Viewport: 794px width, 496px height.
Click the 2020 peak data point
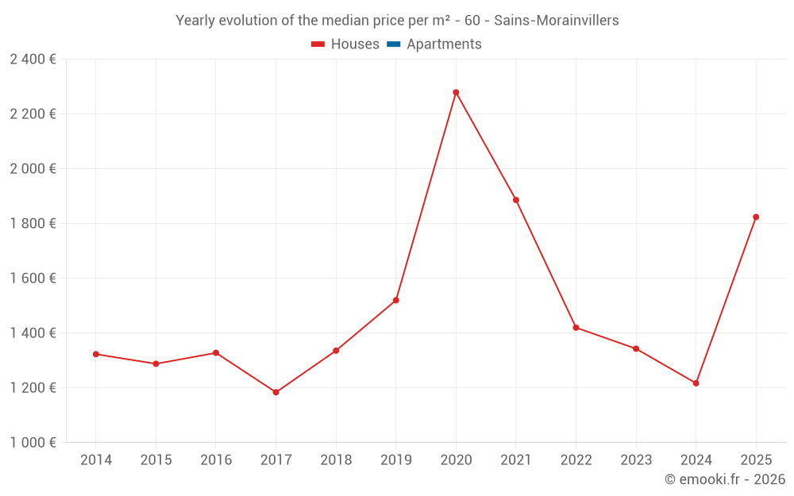(456, 92)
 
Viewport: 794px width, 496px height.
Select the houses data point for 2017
(276, 392)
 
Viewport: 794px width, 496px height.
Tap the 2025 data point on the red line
(756, 217)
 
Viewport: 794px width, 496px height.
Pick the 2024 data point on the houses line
(696, 383)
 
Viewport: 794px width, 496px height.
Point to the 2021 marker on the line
(516, 200)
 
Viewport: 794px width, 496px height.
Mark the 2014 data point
(96, 354)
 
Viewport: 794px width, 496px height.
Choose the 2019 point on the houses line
(395, 300)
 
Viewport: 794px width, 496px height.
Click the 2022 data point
(576, 328)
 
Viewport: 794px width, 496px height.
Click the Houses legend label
(355, 44)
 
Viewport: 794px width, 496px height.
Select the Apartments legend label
(444, 44)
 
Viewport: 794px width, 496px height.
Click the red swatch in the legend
(318, 44)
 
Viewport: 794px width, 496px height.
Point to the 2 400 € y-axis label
(33, 60)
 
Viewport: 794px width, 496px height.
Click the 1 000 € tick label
(33, 443)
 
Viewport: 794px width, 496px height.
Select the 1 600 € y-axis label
(33, 279)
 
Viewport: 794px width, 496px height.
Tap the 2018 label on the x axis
(336, 460)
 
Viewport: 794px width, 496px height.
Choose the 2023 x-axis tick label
(636, 460)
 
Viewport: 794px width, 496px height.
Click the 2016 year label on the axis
(216, 460)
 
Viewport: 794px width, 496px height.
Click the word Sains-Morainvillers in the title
(557, 21)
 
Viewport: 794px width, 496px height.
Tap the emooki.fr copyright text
(725, 479)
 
